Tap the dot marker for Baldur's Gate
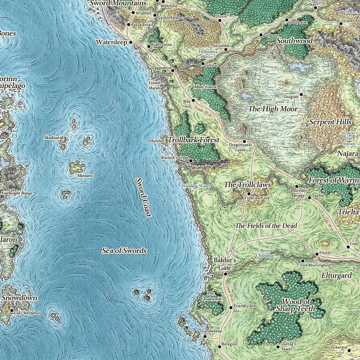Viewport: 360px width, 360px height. (225, 274)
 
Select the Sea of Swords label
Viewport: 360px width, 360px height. (124, 250)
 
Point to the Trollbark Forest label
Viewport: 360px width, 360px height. (194, 140)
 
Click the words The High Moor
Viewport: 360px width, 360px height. (273, 109)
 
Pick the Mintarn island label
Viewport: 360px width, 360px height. (85, 175)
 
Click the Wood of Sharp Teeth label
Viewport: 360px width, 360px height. (296, 305)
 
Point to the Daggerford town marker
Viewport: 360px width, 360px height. (173, 70)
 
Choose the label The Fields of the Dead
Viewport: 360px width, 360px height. (266, 226)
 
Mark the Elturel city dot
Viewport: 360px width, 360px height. (317, 253)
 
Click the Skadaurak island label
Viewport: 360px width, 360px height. (55, 137)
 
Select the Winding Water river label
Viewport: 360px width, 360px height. (196, 186)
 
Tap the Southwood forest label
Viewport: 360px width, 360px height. (295, 41)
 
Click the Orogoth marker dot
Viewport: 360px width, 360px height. (301, 95)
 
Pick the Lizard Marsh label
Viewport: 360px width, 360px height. (155, 86)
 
